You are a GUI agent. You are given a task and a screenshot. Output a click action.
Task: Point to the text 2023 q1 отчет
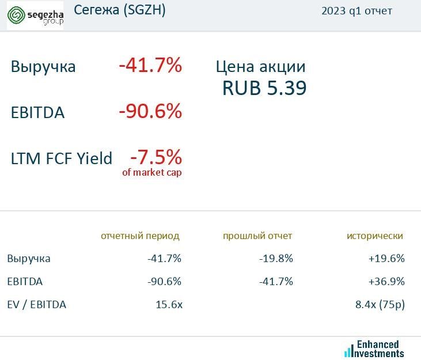point(357,11)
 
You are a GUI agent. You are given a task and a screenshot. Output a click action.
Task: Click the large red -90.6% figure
point(150,111)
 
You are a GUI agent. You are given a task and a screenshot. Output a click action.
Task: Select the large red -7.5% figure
point(155,156)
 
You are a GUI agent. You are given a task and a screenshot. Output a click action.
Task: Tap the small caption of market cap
point(152,172)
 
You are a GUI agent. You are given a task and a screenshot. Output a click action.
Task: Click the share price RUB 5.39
point(264,88)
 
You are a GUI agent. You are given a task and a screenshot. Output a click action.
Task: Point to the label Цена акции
point(260,66)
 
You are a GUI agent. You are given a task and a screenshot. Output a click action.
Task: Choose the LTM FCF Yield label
point(62,158)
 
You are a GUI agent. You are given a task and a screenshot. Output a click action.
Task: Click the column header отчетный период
point(140,236)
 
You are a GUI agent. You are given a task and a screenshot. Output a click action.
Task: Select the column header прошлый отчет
point(257,236)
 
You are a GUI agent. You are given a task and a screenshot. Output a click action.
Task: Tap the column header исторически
point(375,236)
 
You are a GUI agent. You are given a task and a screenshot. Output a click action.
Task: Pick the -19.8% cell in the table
point(276,259)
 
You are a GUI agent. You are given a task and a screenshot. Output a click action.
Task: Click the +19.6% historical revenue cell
point(386,259)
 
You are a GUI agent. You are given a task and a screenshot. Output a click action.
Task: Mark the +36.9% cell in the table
point(386,282)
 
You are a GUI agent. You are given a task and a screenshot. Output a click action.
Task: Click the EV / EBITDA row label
point(37,305)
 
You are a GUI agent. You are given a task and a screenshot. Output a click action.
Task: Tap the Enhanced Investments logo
point(374,348)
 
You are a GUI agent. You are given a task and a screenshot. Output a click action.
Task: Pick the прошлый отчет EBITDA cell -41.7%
point(276,282)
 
